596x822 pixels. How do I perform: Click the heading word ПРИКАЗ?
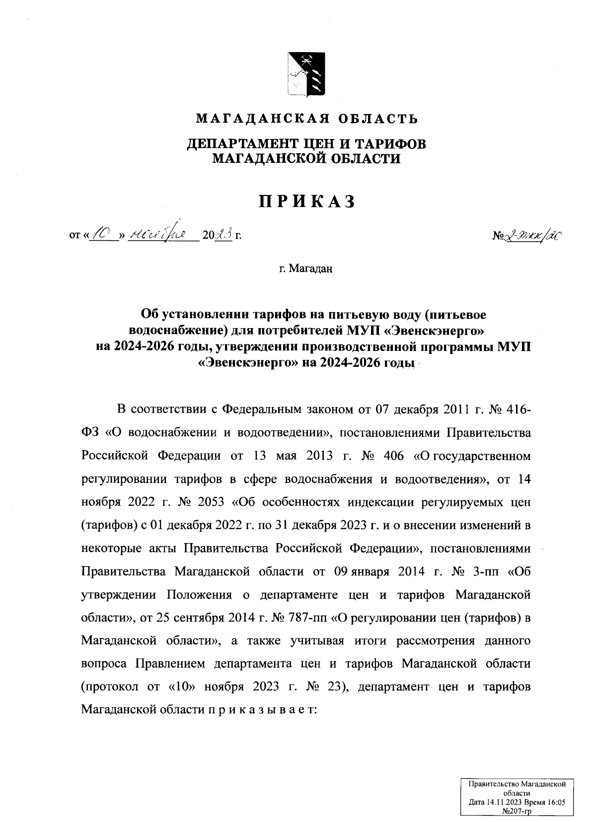306,201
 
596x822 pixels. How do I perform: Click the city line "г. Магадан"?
305,269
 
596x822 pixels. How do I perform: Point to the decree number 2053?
211,502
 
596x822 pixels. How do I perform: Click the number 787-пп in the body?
304,617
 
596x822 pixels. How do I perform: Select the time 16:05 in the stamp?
554,802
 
